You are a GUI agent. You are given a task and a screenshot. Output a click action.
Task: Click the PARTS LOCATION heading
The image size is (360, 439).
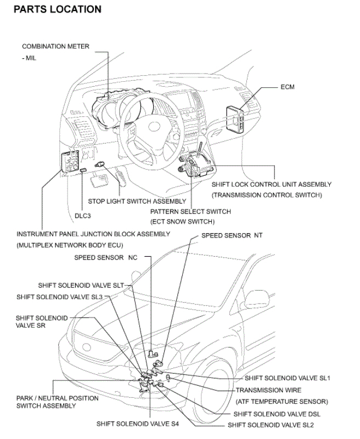(x=58, y=9)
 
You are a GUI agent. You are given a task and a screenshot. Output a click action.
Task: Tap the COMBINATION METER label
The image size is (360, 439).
(x=55, y=47)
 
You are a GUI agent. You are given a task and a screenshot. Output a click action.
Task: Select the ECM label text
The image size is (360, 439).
(x=288, y=87)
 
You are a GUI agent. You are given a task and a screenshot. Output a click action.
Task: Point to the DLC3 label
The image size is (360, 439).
(x=83, y=216)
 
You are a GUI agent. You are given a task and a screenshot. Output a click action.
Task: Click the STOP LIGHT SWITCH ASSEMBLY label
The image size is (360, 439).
(x=137, y=201)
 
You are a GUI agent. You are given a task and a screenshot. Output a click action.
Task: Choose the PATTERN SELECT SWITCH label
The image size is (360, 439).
(x=190, y=211)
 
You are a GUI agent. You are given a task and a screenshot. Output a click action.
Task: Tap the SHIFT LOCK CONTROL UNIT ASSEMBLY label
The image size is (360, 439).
(x=272, y=185)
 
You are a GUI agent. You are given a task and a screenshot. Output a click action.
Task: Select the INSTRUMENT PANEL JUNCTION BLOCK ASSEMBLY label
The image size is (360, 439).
(x=93, y=234)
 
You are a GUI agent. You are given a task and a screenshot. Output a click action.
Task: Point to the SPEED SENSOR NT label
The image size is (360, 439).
(x=232, y=235)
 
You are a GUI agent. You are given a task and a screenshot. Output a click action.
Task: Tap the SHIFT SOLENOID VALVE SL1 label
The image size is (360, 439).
(x=287, y=378)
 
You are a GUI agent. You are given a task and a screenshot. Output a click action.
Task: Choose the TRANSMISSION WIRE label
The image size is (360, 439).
(x=268, y=390)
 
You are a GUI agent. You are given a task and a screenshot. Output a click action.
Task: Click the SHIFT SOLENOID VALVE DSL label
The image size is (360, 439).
(x=277, y=414)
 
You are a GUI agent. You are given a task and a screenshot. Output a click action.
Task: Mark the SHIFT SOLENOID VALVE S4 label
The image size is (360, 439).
(x=137, y=424)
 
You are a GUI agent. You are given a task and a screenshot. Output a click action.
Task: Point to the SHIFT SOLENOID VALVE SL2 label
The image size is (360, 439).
(x=271, y=425)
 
